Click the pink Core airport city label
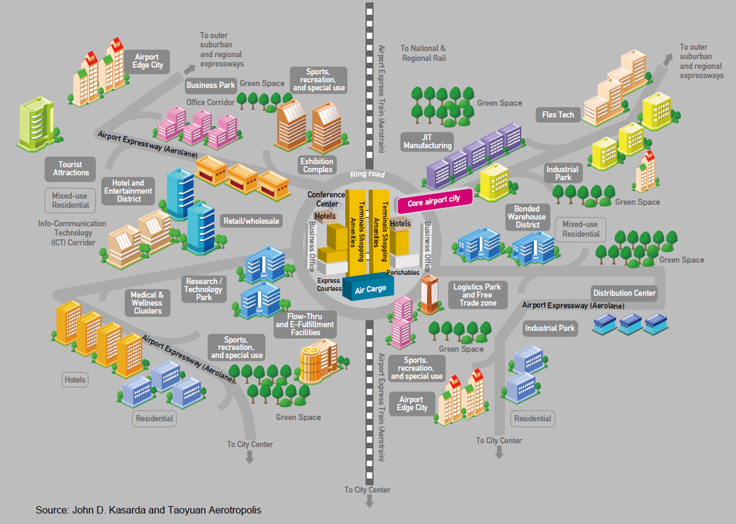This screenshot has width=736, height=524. pos(434,201)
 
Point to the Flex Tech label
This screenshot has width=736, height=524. pos(558,115)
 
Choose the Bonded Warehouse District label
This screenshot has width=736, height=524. pos(527,217)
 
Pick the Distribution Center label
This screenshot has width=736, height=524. pos(624,293)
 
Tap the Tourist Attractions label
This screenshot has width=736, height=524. pos(71,169)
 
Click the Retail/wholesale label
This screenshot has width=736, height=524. pos(251,221)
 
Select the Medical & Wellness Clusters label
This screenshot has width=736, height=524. pos(147,303)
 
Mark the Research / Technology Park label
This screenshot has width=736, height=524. pos(204,289)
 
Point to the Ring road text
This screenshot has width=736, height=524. pos(367,174)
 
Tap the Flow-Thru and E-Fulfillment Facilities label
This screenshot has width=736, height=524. pos(305,324)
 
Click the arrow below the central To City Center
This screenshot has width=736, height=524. pos(369,501)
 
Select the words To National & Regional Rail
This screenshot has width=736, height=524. pos(423,53)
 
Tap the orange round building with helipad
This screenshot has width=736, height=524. pos(310,365)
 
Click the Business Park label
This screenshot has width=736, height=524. pos(211,85)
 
